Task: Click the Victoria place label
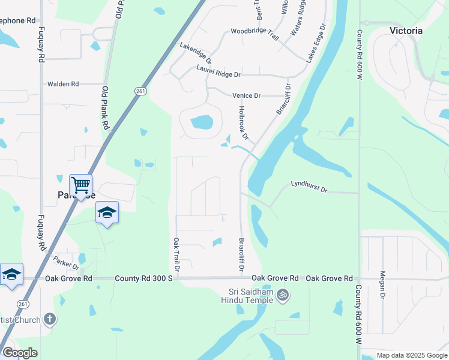[406, 31]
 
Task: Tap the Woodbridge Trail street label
[255, 34]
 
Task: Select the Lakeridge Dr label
[196, 53]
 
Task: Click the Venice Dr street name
[246, 95]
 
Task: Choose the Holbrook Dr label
[243, 121]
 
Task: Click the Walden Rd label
[63, 85]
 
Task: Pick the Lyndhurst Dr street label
[309, 187]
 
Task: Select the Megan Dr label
[382, 285]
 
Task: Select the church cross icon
[50, 319]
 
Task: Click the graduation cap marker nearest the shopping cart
[107, 212]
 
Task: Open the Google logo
[20, 353]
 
